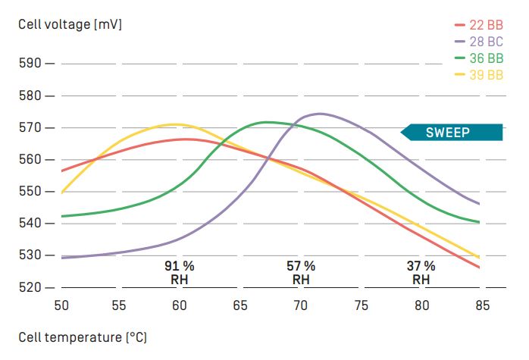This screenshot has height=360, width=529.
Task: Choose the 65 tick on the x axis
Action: (239, 305)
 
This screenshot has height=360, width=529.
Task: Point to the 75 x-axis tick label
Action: (362, 305)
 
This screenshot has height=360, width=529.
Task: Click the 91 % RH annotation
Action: (180, 273)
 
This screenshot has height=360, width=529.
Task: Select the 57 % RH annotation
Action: (301, 273)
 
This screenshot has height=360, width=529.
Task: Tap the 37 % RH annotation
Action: (421, 273)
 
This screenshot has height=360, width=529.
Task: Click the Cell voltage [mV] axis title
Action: (70, 24)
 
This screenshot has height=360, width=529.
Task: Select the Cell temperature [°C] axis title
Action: (82, 337)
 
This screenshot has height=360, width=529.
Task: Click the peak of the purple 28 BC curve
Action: (319, 114)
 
